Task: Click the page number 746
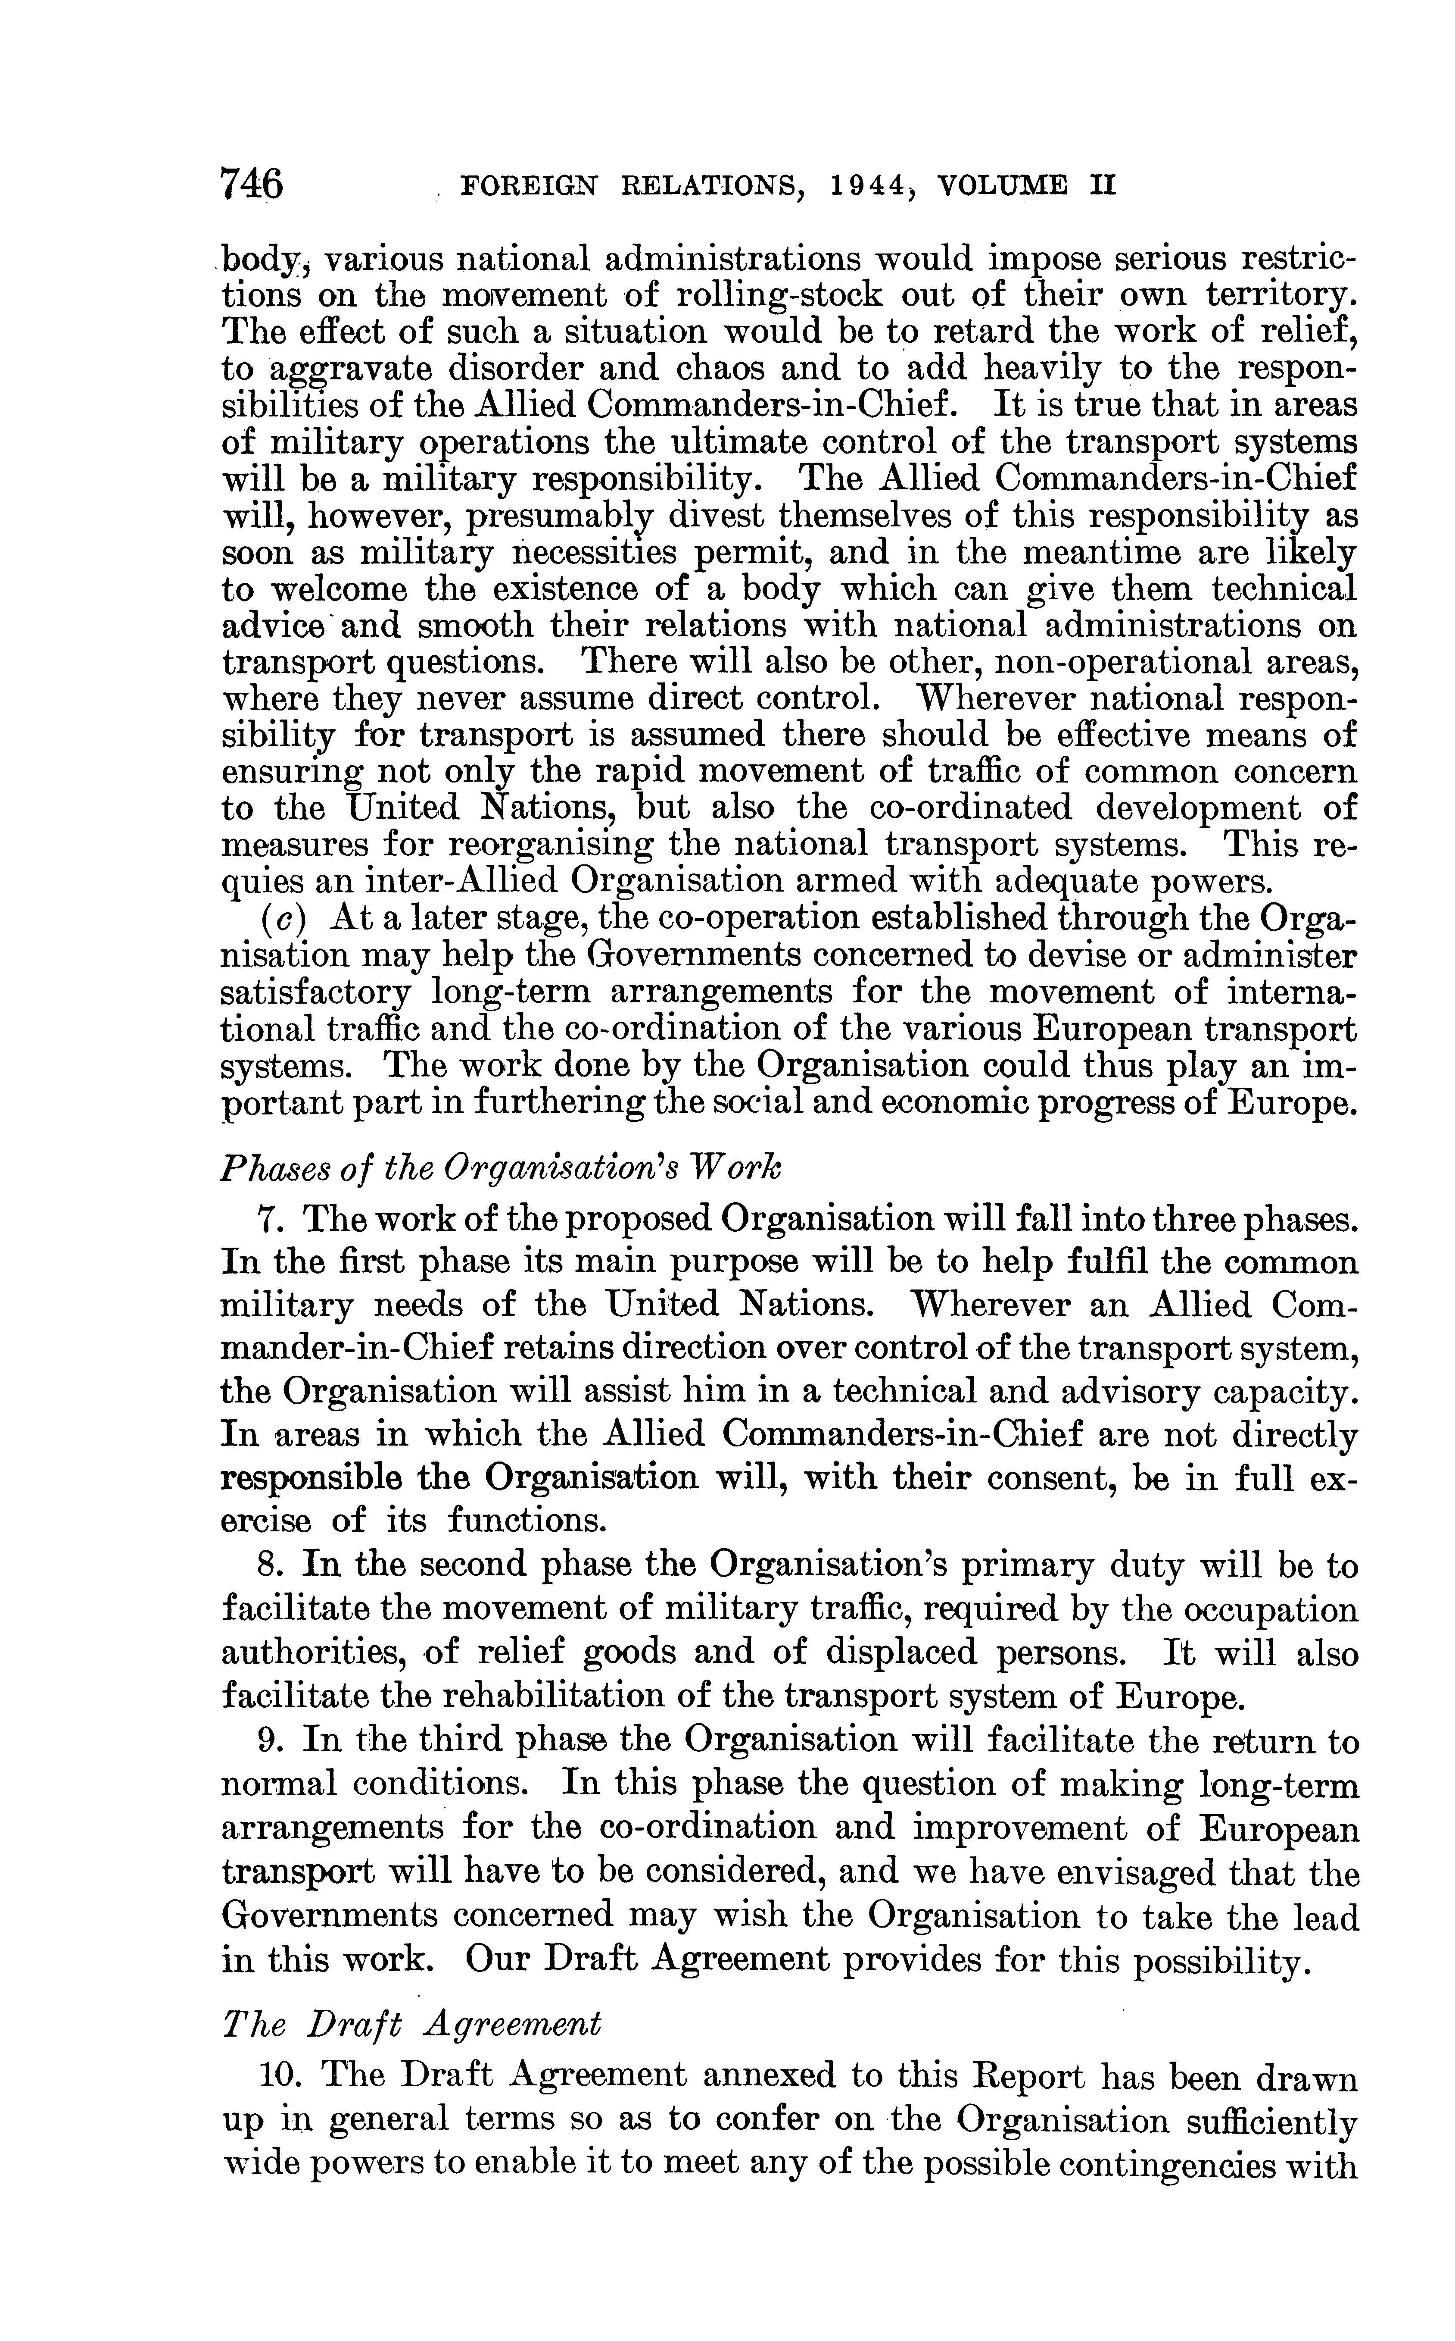(x=252, y=182)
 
